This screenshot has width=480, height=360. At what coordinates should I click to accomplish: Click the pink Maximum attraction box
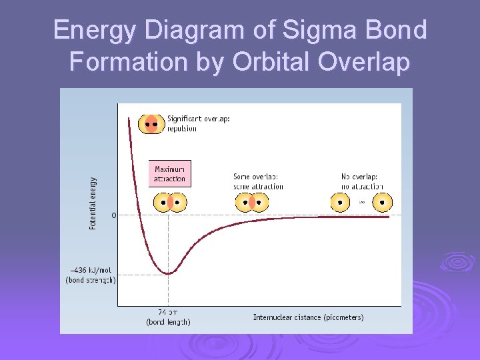(169, 174)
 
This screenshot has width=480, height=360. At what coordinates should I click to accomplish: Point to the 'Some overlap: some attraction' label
(258, 181)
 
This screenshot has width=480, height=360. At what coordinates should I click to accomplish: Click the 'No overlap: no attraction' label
(359, 181)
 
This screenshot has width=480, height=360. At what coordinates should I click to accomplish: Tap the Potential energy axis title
(93, 203)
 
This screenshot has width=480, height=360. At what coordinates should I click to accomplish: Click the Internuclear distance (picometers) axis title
(308, 317)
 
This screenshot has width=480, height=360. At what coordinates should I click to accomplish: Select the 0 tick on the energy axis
(114, 215)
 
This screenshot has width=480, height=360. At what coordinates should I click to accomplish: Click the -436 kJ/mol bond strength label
(91, 275)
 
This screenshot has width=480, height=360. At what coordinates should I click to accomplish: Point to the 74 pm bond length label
(168, 317)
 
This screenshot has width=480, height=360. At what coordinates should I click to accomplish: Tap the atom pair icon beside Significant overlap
(151, 124)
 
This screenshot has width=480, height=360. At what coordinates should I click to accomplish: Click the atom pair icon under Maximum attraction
(169, 202)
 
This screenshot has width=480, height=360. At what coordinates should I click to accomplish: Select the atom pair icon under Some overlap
(253, 202)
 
